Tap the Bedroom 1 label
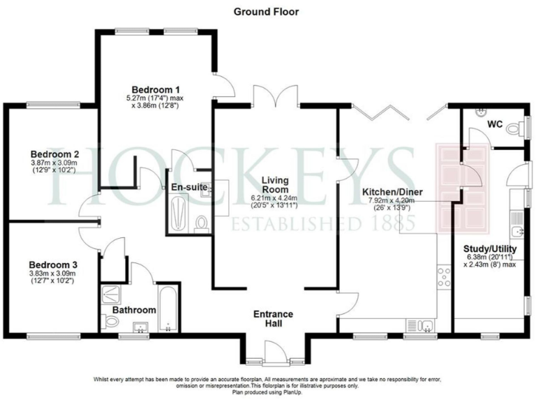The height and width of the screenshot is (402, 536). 157,89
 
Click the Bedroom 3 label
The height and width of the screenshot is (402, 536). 52,265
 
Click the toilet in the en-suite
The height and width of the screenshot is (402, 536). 202,223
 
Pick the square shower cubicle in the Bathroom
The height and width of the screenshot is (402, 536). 111,295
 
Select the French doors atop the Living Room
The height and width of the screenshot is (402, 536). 276,98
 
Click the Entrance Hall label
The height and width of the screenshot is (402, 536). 273,319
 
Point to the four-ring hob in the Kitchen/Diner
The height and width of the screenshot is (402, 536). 444,278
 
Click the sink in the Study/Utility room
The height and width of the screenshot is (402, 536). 517,232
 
